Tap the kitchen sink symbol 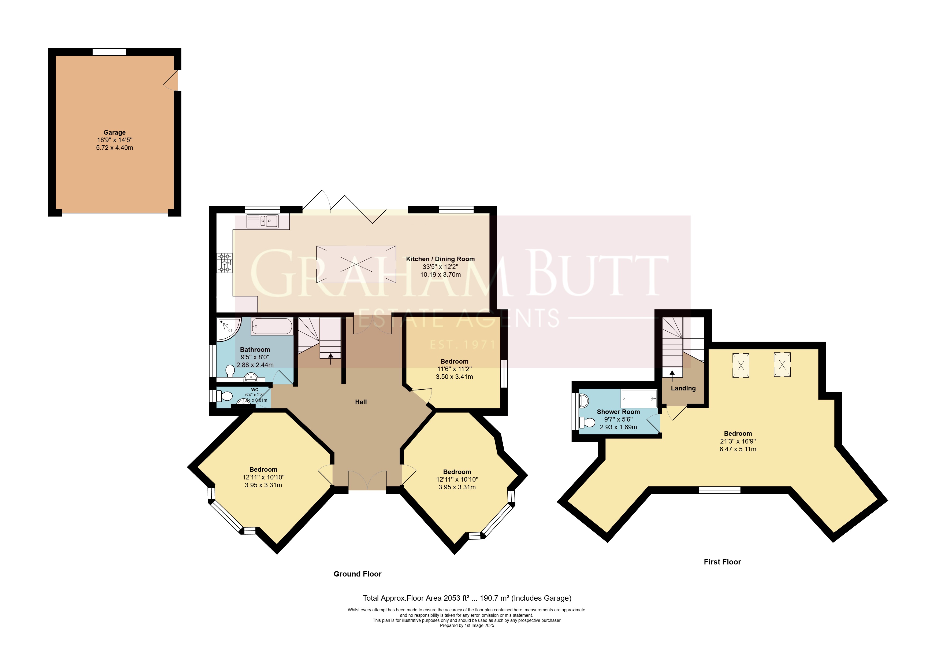coord(262,221)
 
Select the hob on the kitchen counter coord(225,263)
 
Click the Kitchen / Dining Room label coord(440,259)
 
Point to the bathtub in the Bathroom coord(272,326)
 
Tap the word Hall coord(360,402)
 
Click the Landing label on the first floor coord(683,388)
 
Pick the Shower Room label coord(618,412)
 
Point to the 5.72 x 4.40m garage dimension coord(115,148)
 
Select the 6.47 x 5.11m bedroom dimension coord(738,449)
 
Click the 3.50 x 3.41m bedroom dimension coord(454,377)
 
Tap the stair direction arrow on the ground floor coord(331,359)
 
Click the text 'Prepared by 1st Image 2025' coord(467,625)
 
